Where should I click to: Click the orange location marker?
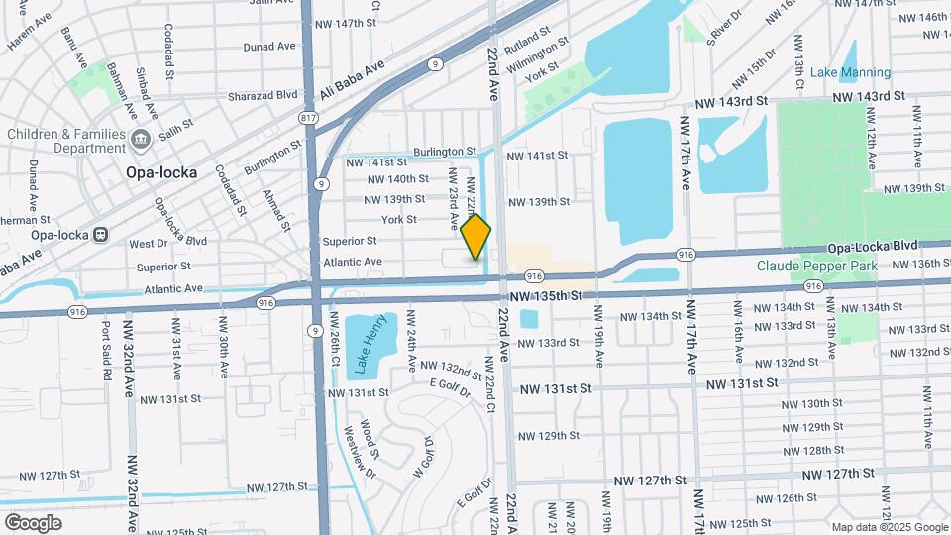(476, 237)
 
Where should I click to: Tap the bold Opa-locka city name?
(161, 171)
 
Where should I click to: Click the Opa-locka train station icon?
(100, 235)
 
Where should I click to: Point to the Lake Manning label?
(850, 72)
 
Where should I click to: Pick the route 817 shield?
(309, 118)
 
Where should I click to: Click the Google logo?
(33, 522)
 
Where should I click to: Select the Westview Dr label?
(358, 452)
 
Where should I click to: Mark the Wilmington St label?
(536, 58)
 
